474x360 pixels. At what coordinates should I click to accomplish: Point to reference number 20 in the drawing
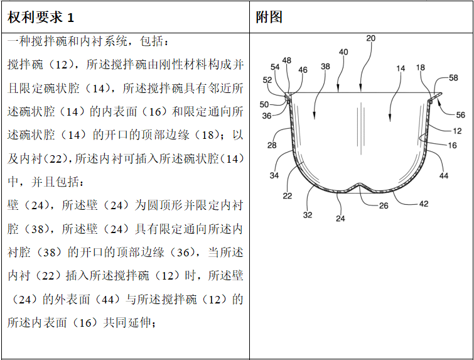click(370, 38)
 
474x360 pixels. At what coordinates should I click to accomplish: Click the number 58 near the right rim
click(453, 78)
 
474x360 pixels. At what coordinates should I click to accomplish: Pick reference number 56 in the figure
click(460, 115)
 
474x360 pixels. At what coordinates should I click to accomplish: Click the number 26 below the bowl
click(383, 205)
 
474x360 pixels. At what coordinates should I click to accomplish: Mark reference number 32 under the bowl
click(308, 215)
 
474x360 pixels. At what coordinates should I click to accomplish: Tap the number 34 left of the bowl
click(274, 175)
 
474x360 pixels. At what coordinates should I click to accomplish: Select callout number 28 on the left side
click(271, 146)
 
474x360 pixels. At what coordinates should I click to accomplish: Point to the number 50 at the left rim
click(264, 104)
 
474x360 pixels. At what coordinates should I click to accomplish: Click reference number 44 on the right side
click(444, 176)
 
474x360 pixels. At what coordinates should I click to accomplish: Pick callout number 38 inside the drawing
click(325, 66)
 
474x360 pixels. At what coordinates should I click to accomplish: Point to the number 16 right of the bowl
click(452, 145)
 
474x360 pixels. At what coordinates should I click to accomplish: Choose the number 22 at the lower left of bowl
click(287, 195)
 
